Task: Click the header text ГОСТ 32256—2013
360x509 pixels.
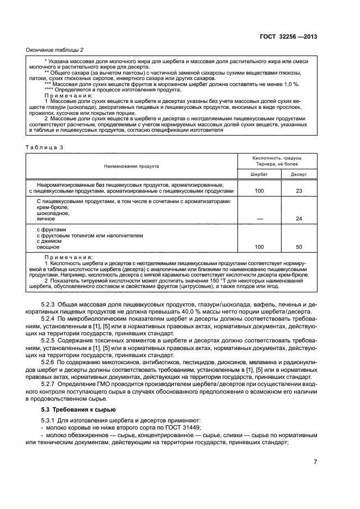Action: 288,36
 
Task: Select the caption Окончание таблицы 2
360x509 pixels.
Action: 55,50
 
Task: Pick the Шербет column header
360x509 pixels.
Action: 259,174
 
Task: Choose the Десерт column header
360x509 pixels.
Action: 298,174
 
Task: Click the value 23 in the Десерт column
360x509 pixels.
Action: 298,191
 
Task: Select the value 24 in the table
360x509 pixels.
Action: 298,219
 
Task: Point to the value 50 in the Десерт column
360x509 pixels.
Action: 298,247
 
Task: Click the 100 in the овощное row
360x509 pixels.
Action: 259,247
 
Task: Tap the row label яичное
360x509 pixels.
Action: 45,219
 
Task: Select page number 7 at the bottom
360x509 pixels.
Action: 315,462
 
